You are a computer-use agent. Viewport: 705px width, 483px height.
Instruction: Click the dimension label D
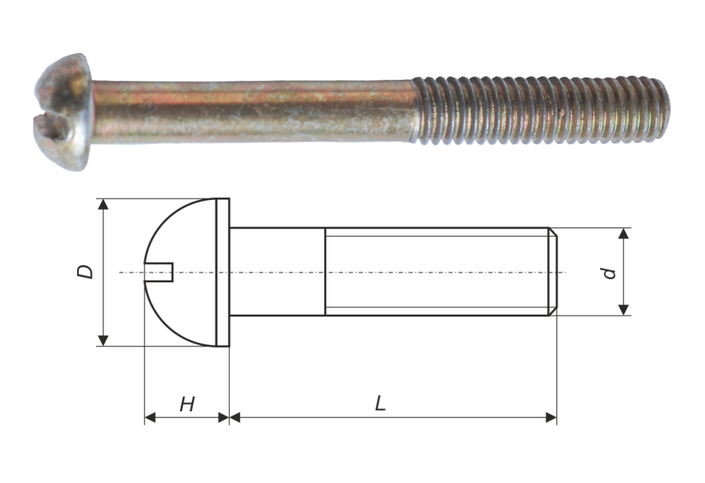click(x=85, y=272)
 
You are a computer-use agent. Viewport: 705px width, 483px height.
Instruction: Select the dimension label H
click(x=187, y=404)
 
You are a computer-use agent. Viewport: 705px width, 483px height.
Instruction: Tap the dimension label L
click(x=380, y=404)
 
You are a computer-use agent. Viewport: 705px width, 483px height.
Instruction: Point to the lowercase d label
click(x=609, y=272)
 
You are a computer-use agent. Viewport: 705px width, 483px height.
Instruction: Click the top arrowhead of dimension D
click(x=104, y=204)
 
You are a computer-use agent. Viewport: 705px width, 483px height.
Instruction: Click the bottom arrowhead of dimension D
click(x=104, y=340)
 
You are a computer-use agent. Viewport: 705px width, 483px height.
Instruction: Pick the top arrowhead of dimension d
click(x=623, y=233)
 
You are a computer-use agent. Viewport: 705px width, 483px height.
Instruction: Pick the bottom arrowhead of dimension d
click(x=623, y=309)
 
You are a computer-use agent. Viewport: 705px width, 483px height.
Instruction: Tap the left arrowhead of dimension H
click(x=150, y=418)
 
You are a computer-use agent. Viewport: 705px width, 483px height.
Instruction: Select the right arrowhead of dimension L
click(x=552, y=418)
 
